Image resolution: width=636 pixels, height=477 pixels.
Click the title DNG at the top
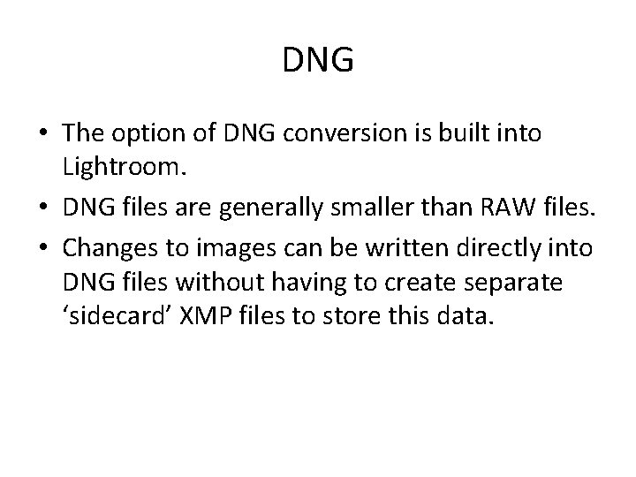[x=318, y=61]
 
